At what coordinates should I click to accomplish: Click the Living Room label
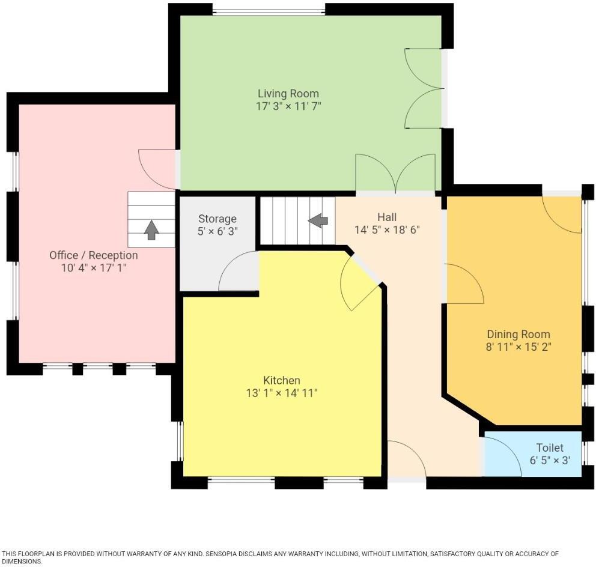[288, 94]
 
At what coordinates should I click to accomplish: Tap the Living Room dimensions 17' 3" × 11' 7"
[288, 106]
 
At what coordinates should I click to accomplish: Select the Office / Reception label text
[94, 255]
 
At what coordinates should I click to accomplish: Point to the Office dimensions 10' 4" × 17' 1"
[94, 268]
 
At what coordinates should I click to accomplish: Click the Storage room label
[217, 219]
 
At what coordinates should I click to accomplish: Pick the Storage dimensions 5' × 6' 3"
[217, 231]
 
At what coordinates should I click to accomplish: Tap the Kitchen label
[281, 380]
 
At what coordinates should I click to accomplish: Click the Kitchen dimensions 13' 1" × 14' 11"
[281, 393]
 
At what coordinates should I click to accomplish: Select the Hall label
[387, 217]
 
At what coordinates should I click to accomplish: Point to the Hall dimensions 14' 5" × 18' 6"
[387, 229]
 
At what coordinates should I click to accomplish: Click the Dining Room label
[518, 334]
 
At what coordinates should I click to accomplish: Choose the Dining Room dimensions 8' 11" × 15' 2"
[518, 347]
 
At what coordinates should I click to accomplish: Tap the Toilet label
[550, 447]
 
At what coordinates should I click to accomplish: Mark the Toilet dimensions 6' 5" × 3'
[550, 461]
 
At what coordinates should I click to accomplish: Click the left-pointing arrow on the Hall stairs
[318, 220]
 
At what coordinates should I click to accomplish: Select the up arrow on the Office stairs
[151, 228]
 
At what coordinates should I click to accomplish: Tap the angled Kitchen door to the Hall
[360, 282]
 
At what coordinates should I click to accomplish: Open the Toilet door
[502, 456]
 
